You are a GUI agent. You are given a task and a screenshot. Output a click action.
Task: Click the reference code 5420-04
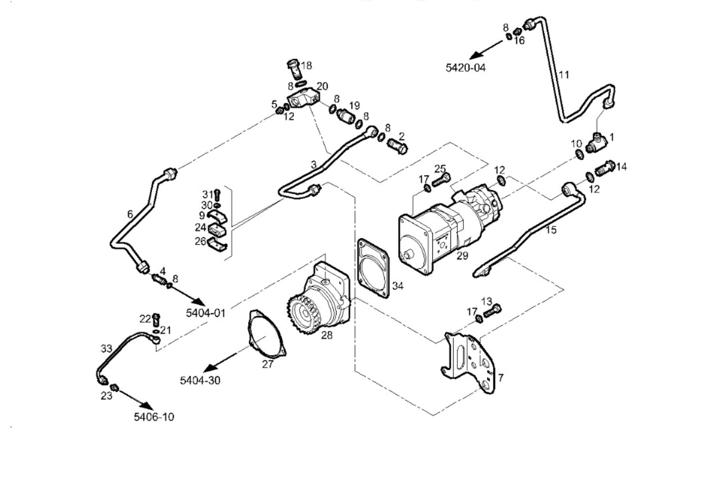pyautogui.click(x=465, y=68)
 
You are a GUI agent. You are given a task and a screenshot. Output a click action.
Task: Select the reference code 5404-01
pyautogui.click(x=206, y=313)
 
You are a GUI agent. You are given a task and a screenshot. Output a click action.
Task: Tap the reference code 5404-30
pyautogui.click(x=200, y=380)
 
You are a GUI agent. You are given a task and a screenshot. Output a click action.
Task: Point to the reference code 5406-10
pyautogui.click(x=154, y=416)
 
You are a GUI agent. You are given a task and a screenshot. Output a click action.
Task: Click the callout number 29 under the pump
pyautogui.click(x=462, y=256)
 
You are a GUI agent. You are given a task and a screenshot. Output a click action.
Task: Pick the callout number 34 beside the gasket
pyautogui.click(x=398, y=286)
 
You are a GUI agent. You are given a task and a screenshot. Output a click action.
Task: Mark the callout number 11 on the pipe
pyautogui.click(x=564, y=75)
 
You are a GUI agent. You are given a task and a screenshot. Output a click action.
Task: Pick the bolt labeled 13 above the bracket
pyautogui.click(x=492, y=311)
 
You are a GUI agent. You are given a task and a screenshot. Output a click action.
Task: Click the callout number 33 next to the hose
pyautogui.click(x=106, y=348)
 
